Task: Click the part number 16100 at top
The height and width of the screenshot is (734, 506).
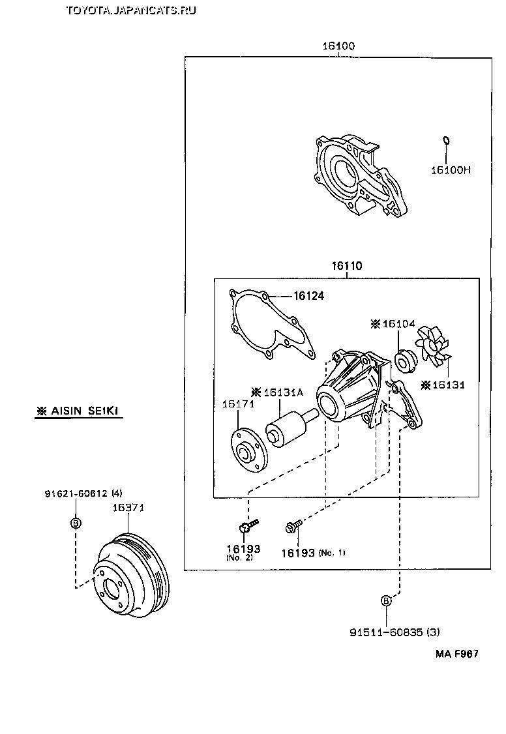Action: pos(338,46)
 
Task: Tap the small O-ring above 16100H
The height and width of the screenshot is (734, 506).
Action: pos(446,140)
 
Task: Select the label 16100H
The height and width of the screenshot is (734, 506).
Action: pos(450,170)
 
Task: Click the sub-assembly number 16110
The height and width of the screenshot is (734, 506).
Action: pos(346,267)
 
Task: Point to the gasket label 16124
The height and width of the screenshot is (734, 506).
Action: pos(308,296)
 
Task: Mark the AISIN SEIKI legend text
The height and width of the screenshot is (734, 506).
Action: pos(79,411)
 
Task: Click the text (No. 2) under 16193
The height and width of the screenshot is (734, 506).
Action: pos(239,559)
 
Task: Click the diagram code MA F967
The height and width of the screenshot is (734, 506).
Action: pos(457,653)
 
